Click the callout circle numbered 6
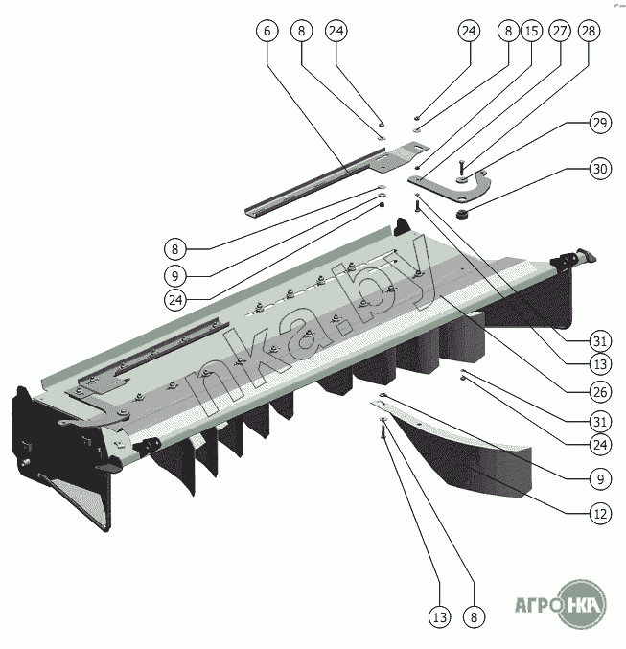(267, 31)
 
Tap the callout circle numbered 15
(531, 31)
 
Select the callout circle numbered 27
(560, 31)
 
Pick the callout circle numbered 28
(589, 31)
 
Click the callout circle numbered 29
(600, 123)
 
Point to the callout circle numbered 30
(600, 169)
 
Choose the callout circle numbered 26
(600, 392)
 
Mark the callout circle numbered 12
(600, 514)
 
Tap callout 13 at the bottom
(440, 617)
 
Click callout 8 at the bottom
(475, 617)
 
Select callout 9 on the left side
(175, 276)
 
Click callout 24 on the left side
(175, 300)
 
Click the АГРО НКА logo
(560, 604)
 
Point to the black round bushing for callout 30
(462, 215)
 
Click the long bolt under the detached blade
(383, 429)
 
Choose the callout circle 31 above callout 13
(600, 340)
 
